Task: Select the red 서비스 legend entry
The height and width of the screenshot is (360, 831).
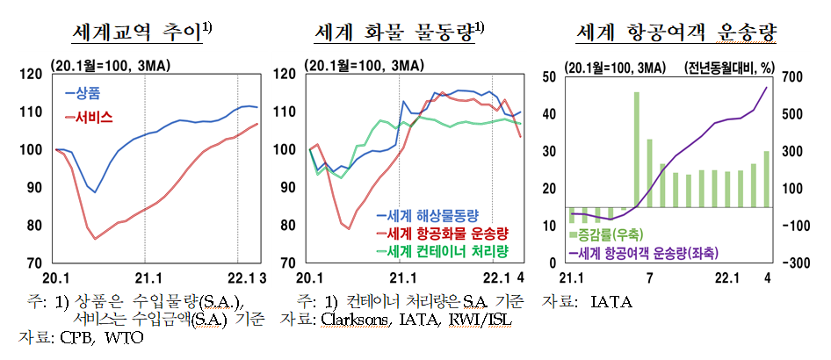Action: (x=88, y=116)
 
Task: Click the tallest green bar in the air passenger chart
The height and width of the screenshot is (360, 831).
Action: (x=636, y=149)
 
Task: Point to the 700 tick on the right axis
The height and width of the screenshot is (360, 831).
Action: (x=796, y=77)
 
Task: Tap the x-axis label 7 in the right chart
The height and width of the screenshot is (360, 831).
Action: (x=648, y=278)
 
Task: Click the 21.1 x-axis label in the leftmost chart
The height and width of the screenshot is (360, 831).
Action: (x=145, y=278)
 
